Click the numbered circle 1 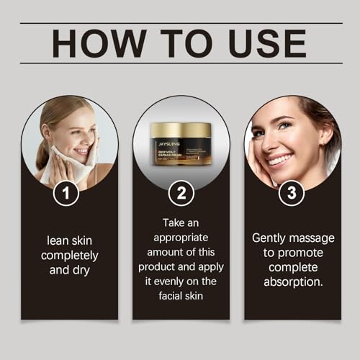(x=68, y=193)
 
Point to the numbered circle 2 (x=180, y=193)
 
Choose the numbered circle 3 (x=292, y=193)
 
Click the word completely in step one (x=69, y=256)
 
